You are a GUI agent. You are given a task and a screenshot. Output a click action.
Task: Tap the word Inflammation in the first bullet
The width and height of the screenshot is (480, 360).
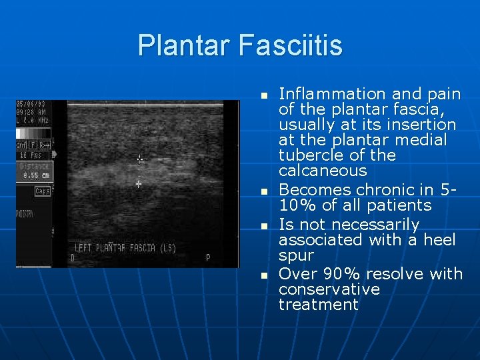[332, 94]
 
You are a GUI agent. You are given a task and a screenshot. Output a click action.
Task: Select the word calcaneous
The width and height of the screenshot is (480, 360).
[323, 171]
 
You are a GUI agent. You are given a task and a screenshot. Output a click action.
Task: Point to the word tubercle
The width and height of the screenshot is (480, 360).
[309, 155]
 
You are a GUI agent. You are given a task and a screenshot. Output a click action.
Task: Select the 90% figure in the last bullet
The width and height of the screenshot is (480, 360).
[343, 274]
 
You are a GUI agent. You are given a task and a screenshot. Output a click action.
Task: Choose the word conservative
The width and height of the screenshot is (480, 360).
[329, 289]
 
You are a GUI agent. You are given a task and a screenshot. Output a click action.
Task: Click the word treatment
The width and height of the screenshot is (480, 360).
[319, 305]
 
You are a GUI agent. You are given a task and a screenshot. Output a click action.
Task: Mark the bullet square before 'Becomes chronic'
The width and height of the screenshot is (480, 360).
[264, 192]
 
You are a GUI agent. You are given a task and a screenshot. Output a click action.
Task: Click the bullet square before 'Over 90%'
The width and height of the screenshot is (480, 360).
[264, 275]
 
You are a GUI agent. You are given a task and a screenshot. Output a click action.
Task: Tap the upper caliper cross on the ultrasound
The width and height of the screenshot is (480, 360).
[139, 159]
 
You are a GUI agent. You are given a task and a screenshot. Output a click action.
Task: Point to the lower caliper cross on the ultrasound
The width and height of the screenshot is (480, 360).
[139, 183]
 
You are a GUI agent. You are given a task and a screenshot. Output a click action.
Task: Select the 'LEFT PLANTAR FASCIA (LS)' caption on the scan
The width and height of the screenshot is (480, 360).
[125, 248]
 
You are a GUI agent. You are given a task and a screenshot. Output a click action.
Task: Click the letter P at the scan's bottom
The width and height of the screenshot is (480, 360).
[207, 257]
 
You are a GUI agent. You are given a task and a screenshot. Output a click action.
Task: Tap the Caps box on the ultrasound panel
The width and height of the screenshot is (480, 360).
[42, 191]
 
